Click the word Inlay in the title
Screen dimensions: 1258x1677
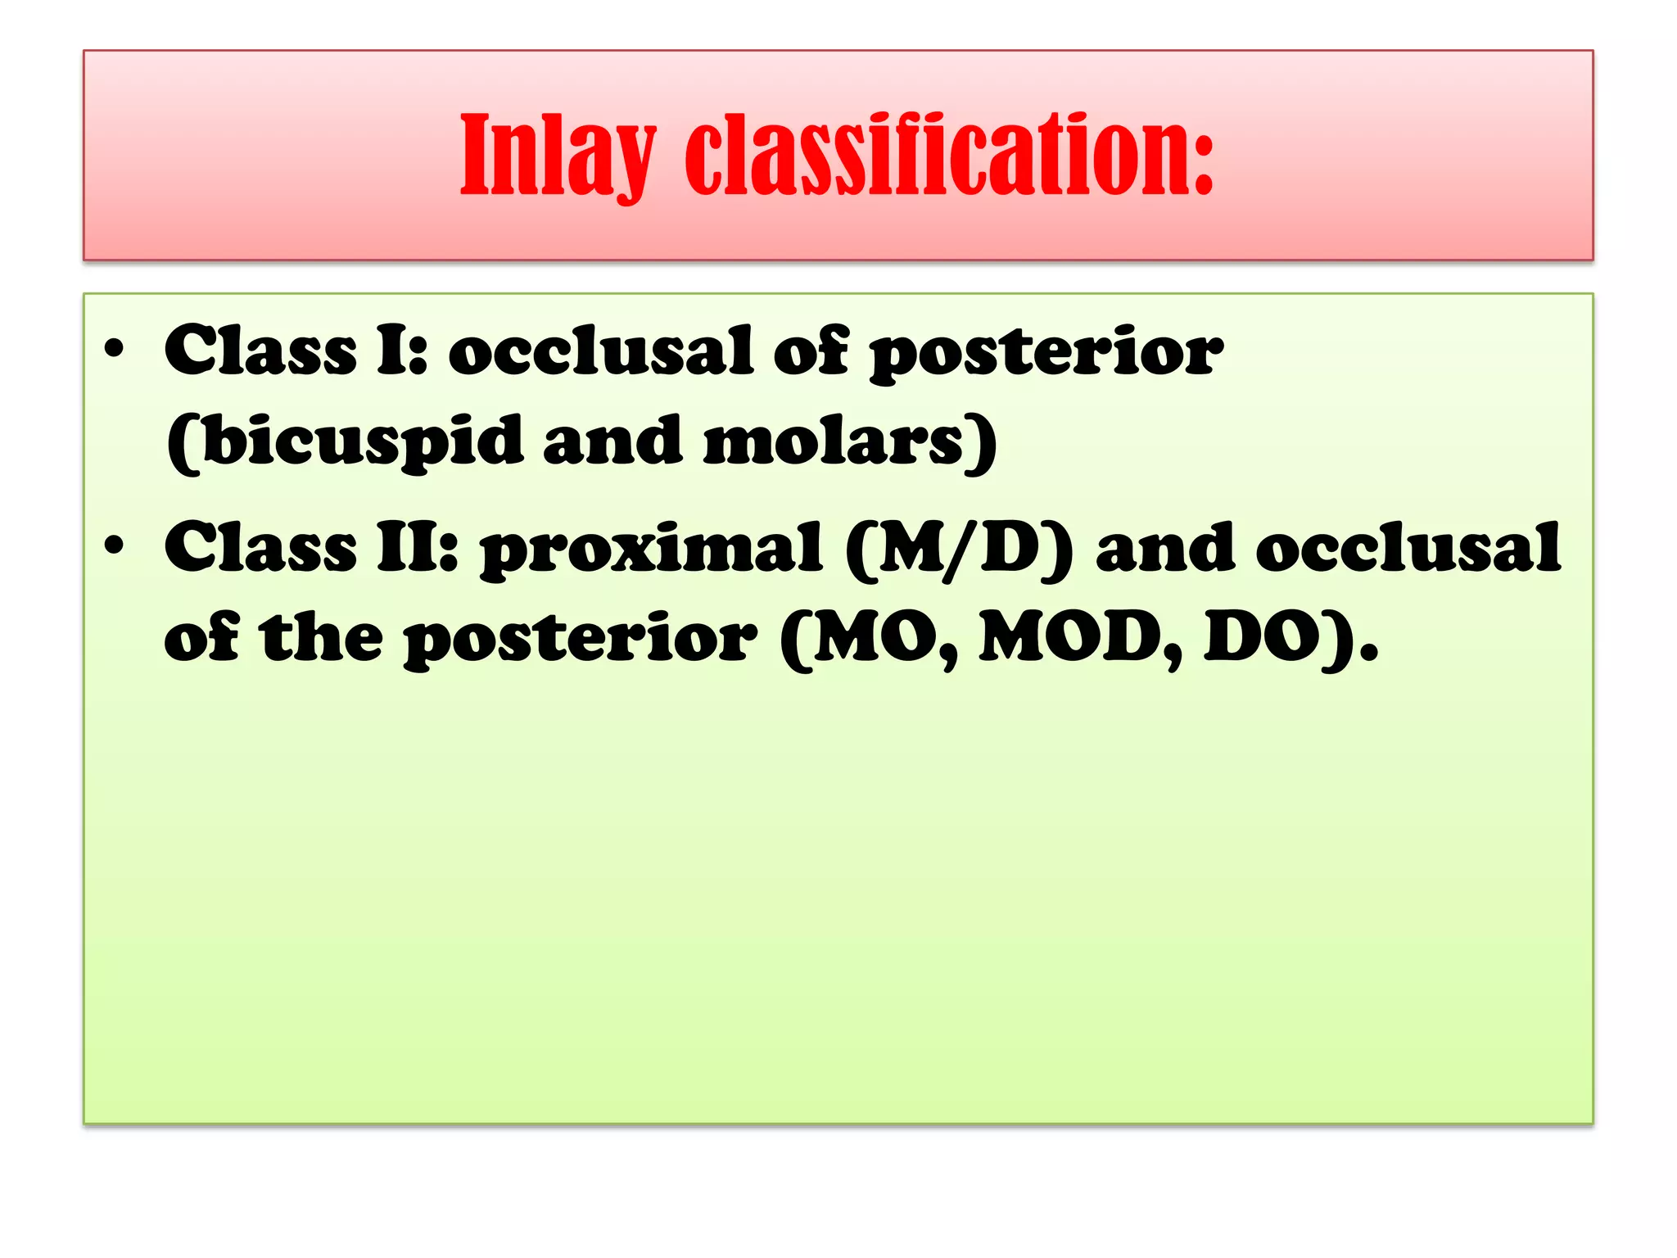coord(558,156)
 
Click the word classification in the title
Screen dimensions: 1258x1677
coord(933,156)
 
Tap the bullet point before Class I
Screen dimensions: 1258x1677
coord(114,351)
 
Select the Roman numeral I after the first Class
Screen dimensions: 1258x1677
coord(398,351)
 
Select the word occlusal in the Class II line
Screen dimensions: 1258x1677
coord(1408,547)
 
